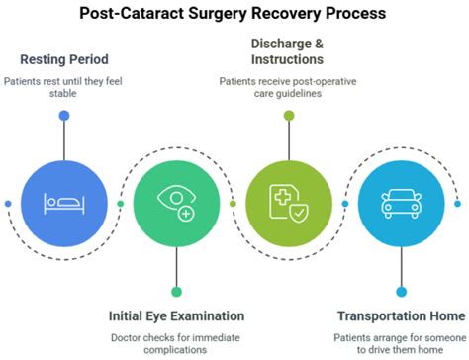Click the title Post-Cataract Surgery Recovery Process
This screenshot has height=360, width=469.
[x=234, y=14]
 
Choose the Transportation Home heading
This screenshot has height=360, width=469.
[x=400, y=315]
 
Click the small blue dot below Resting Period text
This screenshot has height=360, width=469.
[x=64, y=116]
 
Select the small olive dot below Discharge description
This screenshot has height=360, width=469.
[x=288, y=116]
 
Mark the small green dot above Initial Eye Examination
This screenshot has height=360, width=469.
[x=176, y=291]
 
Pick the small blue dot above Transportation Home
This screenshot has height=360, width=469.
[x=401, y=291]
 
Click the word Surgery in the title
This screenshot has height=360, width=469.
[x=211, y=14]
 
